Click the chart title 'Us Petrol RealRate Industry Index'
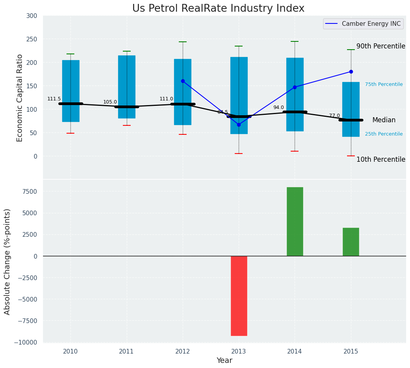point(218,9)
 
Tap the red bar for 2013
point(239,296)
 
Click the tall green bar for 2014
point(295,222)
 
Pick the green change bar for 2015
point(351,242)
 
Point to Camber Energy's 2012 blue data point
point(183,81)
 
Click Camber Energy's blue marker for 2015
point(351,71)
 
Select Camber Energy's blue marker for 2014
point(295,87)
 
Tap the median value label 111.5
point(54,99)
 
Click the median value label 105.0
point(110,102)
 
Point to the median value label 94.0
point(279,107)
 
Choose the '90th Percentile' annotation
point(381,46)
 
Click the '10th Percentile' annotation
point(381,159)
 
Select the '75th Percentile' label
point(383,84)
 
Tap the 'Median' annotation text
point(383,120)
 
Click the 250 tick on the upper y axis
point(32,39)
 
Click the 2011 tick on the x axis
point(126,352)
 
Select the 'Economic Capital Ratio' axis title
point(20,98)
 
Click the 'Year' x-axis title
point(224,361)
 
